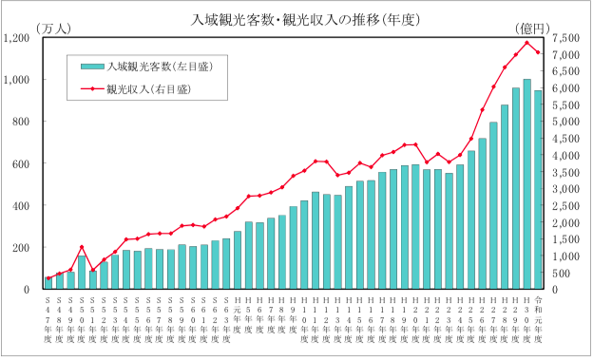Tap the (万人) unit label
pyautogui.click(x=53, y=29)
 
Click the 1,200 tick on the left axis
pyautogui.click(x=19, y=38)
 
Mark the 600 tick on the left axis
pyautogui.click(x=24, y=163)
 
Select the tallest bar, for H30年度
pyautogui.click(x=526, y=185)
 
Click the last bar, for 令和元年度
pyautogui.click(x=538, y=190)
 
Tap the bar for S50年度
pyautogui.click(x=82, y=273)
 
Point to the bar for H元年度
pyautogui.click(x=238, y=260)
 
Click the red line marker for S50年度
pyautogui.click(x=82, y=247)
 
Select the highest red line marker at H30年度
pyautogui.click(x=526, y=42)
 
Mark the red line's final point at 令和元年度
pyautogui.click(x=538, y=52)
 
